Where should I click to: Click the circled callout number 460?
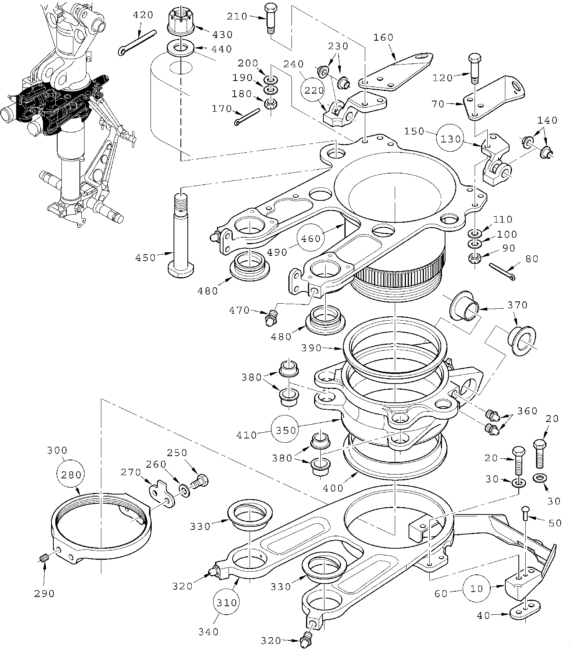311,238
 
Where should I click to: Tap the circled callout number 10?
476,589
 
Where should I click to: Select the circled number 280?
71,475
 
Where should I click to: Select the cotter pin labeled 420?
137,43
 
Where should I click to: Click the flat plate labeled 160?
396,72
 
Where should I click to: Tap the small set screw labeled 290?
44,557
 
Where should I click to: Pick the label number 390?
311,348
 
